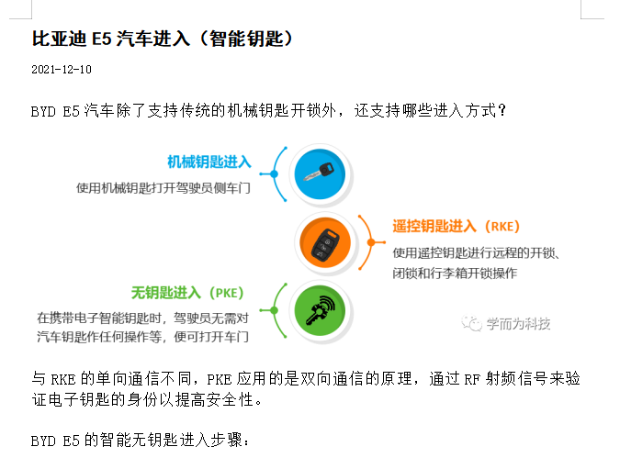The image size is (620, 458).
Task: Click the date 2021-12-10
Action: pos(62,70)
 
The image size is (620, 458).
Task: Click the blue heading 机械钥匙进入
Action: pos(209,162)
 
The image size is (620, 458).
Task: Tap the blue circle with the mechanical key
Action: pos(320,173)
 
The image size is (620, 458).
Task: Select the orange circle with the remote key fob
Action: pos(325,242)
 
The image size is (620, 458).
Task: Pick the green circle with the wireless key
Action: pos(320,310)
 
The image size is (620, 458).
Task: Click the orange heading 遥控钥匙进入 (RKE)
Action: pos(456,227)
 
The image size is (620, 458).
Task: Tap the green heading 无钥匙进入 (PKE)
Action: pos(187,293)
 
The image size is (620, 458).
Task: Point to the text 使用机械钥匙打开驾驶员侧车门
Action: pos(163,188)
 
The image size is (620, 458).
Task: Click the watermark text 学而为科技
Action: pos(518,324)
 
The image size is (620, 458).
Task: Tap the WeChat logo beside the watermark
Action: pos(471,323)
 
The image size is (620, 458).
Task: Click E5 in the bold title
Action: pos(102,39)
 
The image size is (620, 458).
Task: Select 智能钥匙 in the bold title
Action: pos(246,39)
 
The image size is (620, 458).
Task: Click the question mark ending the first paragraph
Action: pos(502,111)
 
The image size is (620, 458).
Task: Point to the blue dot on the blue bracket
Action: pos(274,173)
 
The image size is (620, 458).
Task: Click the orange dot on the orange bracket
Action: pos(371,242)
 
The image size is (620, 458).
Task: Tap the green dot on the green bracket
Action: pos(274,310)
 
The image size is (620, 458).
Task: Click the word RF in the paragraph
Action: pos(472,380)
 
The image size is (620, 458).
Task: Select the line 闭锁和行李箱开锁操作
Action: pos(455,274)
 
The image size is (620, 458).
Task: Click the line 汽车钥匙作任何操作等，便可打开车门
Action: pos(142,337)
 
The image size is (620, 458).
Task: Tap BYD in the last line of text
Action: pos(43,441)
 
